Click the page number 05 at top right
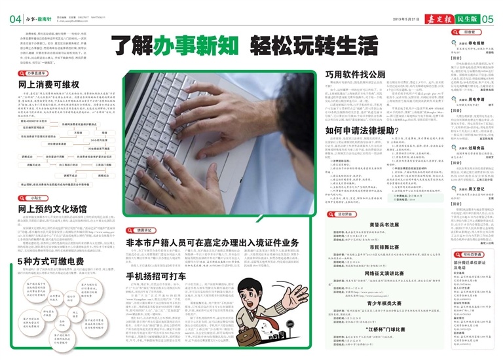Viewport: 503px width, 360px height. (487, 19)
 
